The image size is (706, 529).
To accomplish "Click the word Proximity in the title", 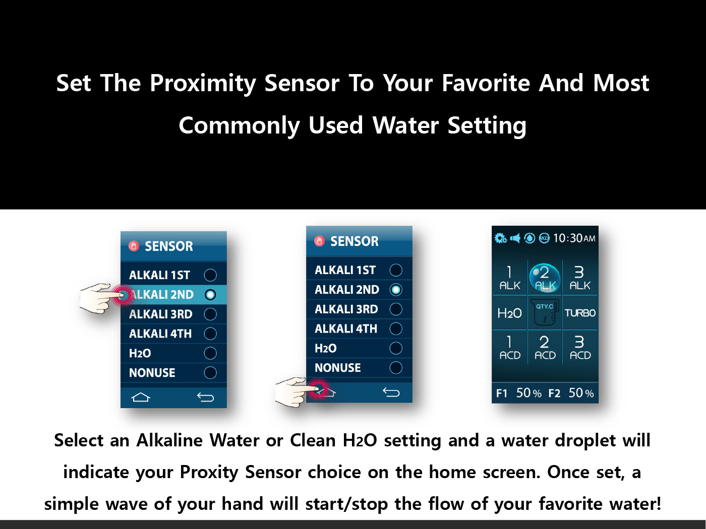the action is (x=203, y=84).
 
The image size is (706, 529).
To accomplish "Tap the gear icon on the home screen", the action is (x=500, y=238).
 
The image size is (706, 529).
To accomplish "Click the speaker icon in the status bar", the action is (x=515, y=238).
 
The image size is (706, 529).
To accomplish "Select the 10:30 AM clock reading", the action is (x=574, y=238).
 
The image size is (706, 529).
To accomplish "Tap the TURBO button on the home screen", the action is (x=580, y=313).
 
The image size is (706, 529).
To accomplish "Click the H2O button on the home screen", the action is (x=509, y=313).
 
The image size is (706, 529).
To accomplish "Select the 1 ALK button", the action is (x=510, y=278).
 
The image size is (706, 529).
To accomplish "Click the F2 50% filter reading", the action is (x=571, y=393).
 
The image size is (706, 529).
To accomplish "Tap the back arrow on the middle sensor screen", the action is (x=391, y=392).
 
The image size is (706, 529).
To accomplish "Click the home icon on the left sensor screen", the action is (x=141, y=398).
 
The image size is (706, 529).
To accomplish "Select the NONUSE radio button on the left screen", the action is (x=210, y=373).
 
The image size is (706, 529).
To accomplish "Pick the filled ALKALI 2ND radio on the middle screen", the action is (x=396, y=290).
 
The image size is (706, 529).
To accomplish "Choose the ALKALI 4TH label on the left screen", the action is (x=160, y=334).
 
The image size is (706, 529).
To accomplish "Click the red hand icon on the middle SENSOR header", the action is (x=319, y=241).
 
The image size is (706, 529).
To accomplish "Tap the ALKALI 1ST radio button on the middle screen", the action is (x=396, y=270).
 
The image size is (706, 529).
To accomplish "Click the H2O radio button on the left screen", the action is (x=210, y=353).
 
